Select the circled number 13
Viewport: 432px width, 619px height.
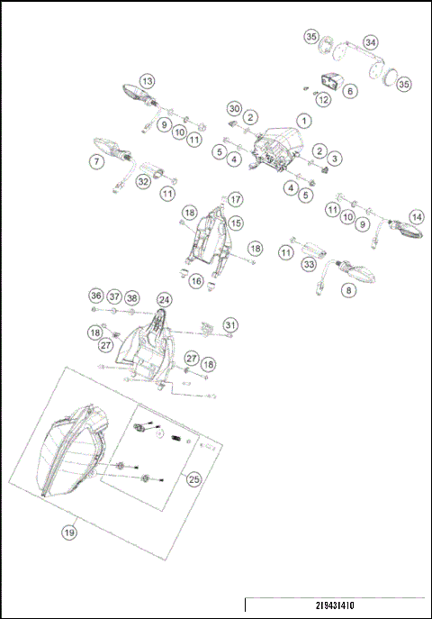[x=147, y=80]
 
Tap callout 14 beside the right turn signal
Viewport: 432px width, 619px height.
[x=416, y=217]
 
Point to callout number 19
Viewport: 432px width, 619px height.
[x=69, y=533]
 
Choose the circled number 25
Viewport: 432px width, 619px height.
[x=193, y=479]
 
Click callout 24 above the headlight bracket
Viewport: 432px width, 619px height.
[x=164, y=299]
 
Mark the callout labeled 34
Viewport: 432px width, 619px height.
[x=371, y=41]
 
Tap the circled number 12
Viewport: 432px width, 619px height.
[x=323, y=99]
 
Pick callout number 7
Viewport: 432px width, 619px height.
[x=96, y=162]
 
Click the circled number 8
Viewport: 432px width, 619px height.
[x=349, y=290]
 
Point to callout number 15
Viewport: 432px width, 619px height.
[x=236, y=222]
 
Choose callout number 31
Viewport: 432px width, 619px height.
[x=231, y=324]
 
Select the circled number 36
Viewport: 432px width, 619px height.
[x=96, y=296]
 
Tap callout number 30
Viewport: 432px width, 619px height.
[x=234, y=108]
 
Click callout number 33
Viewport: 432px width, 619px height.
[x=310, y=265]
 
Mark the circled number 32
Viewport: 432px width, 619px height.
[x=143, y=181]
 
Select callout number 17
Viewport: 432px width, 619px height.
[x=235, y=199]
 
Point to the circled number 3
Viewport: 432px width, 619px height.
[x=334, y=159]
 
